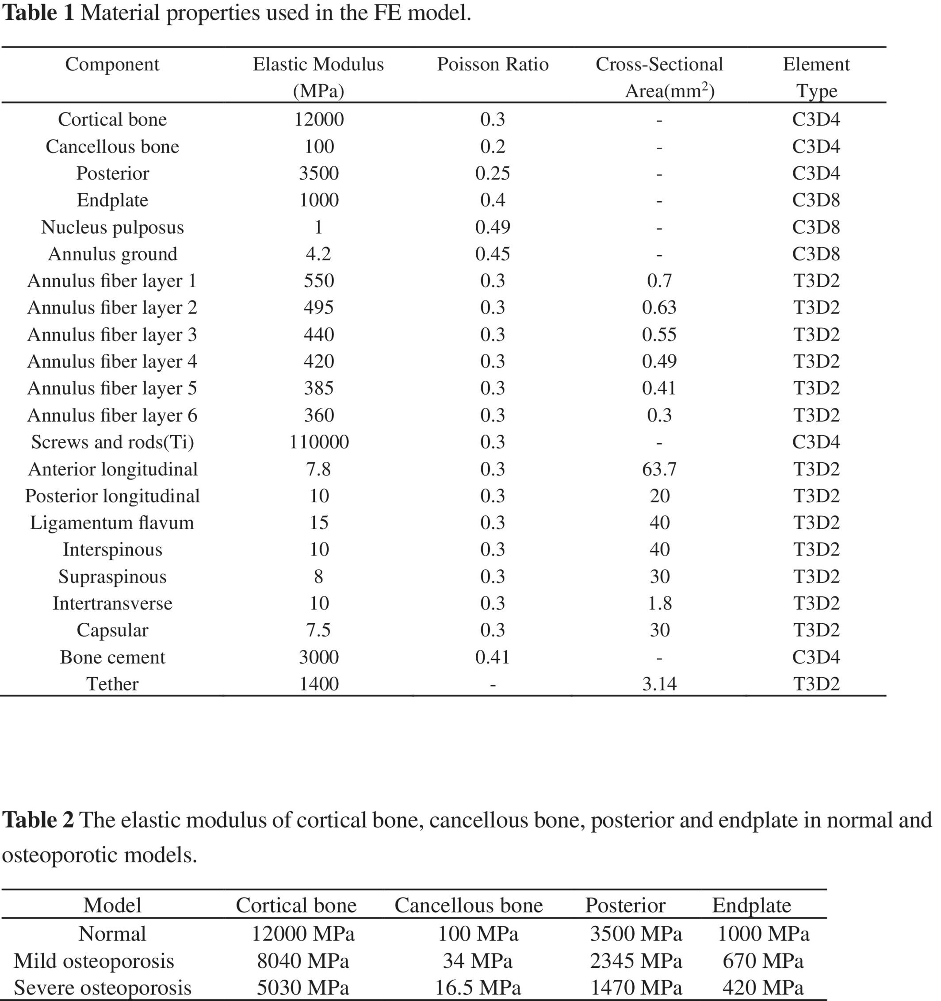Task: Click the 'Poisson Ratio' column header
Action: [x=493, y=65]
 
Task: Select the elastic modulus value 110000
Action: [x=319, y=442]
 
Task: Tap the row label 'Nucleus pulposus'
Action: [x=112, y=227]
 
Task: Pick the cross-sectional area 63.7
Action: [x=659, y=469]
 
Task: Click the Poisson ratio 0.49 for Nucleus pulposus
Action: [x=493, y=227]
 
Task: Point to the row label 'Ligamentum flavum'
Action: [x=112, y=523]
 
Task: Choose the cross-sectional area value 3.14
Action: [x=659, y=684]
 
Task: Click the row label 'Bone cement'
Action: [x=112, y=657]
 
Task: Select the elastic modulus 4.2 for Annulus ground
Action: [x=318, y=254]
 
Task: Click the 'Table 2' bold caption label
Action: [x=38, y=820]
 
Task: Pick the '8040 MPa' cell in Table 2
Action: [x=302, y=961]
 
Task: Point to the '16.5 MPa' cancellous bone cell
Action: [x=478, y=987]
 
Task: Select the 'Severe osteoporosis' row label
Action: [x=102, y=987]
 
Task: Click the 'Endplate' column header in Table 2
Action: [x=751, y=905]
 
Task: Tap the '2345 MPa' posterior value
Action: [x=636, y=961]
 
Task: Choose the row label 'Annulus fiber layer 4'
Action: [x=112, y=361]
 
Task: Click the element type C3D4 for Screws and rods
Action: [x=815, y=442]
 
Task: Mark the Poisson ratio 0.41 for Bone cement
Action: [x=493, y=657]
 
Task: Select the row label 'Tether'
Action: [x=112, y=684]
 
